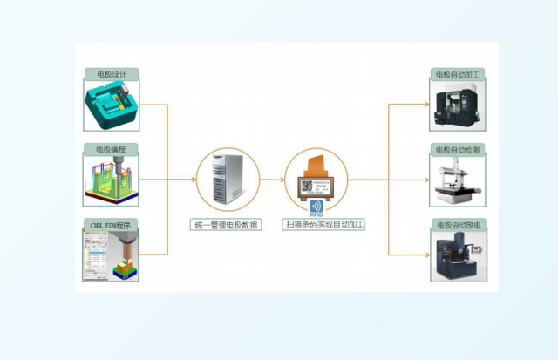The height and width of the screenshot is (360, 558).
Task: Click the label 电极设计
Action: click(112, 74)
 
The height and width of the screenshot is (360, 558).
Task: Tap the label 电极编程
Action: click(112, 149)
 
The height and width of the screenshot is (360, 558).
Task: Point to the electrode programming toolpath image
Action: click(112, 180)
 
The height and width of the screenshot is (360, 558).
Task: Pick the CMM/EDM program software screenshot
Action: click(112, 255)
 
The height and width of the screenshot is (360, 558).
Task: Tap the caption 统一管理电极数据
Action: click(225, 225)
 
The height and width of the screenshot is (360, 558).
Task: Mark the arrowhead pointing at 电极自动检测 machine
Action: click(426, 180)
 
